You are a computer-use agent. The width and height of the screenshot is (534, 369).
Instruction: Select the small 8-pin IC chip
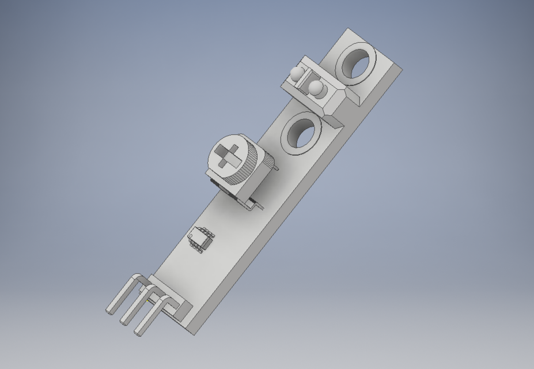tap(199, 238)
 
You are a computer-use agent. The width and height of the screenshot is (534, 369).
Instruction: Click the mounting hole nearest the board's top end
tap(355, 63)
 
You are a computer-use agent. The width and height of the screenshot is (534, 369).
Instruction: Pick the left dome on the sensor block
tap(297, 73)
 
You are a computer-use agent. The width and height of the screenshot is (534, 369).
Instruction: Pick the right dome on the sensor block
tap(316, 88)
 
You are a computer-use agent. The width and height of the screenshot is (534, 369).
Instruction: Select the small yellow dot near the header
tap(150, 299)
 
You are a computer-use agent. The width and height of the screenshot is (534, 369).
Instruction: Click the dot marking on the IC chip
tap(195, 233)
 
